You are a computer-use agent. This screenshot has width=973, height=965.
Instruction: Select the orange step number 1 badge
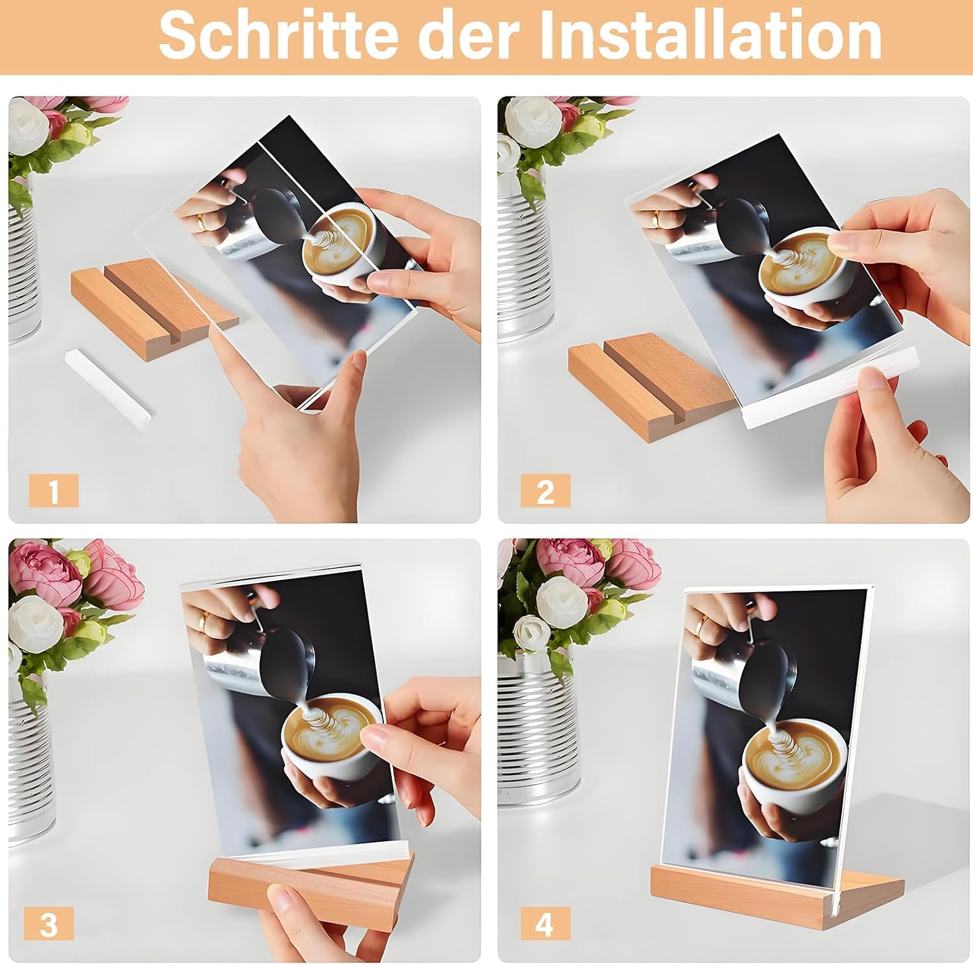(54, 490)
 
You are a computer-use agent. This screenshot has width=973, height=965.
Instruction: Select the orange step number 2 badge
(546, 491)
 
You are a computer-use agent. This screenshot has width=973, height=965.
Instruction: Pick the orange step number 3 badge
(49, 923)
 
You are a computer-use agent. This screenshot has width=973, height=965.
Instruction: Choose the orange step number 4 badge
(546, 923)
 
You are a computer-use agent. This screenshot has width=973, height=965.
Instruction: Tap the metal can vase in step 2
(525, 259)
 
